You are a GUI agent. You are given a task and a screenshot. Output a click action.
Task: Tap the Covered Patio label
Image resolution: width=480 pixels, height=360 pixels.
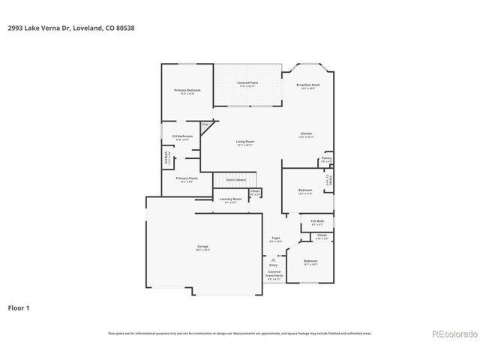(247, 82)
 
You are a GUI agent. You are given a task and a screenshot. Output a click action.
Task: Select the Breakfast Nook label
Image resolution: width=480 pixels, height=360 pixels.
(308, 85)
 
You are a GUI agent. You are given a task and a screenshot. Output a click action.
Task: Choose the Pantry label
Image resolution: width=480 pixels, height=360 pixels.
(326, 158)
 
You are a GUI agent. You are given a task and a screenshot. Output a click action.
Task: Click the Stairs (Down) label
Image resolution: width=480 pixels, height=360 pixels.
(235, 180)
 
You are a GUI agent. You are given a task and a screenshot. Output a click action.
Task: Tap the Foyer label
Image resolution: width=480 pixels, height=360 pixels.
(276, 238)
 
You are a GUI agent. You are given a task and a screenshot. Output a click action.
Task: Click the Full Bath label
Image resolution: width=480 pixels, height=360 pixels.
(317, 221)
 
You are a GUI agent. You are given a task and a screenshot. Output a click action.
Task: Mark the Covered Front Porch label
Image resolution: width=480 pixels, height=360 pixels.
(274, 274)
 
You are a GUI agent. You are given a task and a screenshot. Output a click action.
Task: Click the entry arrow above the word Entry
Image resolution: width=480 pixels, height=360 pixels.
(273, 259)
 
